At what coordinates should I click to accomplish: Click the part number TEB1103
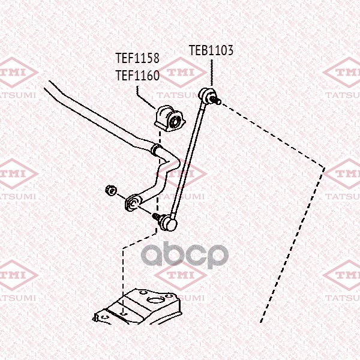tap(211, 50)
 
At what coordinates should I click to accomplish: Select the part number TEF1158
tap(137, 58)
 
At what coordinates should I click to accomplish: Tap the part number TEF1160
tap(137, 76)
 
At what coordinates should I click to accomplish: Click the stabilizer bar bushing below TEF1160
tap(169, 118)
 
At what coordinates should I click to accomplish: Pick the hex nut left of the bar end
tap(111, 191)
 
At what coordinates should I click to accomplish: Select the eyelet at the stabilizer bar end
tap(133, 203)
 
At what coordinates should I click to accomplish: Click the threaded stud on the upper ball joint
tap(215, 100)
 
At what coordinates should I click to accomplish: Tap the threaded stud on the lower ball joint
tap(156, 216)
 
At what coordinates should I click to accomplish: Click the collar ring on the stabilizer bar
tap(156, 149)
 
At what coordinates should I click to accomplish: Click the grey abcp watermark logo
tap(185, 254)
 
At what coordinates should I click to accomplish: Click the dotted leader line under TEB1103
tap(211, 73)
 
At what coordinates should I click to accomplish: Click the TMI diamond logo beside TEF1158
tap(182, 73)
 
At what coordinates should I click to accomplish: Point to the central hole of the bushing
tap(175, 121)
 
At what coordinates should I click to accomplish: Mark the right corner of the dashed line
tap(324, 168)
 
